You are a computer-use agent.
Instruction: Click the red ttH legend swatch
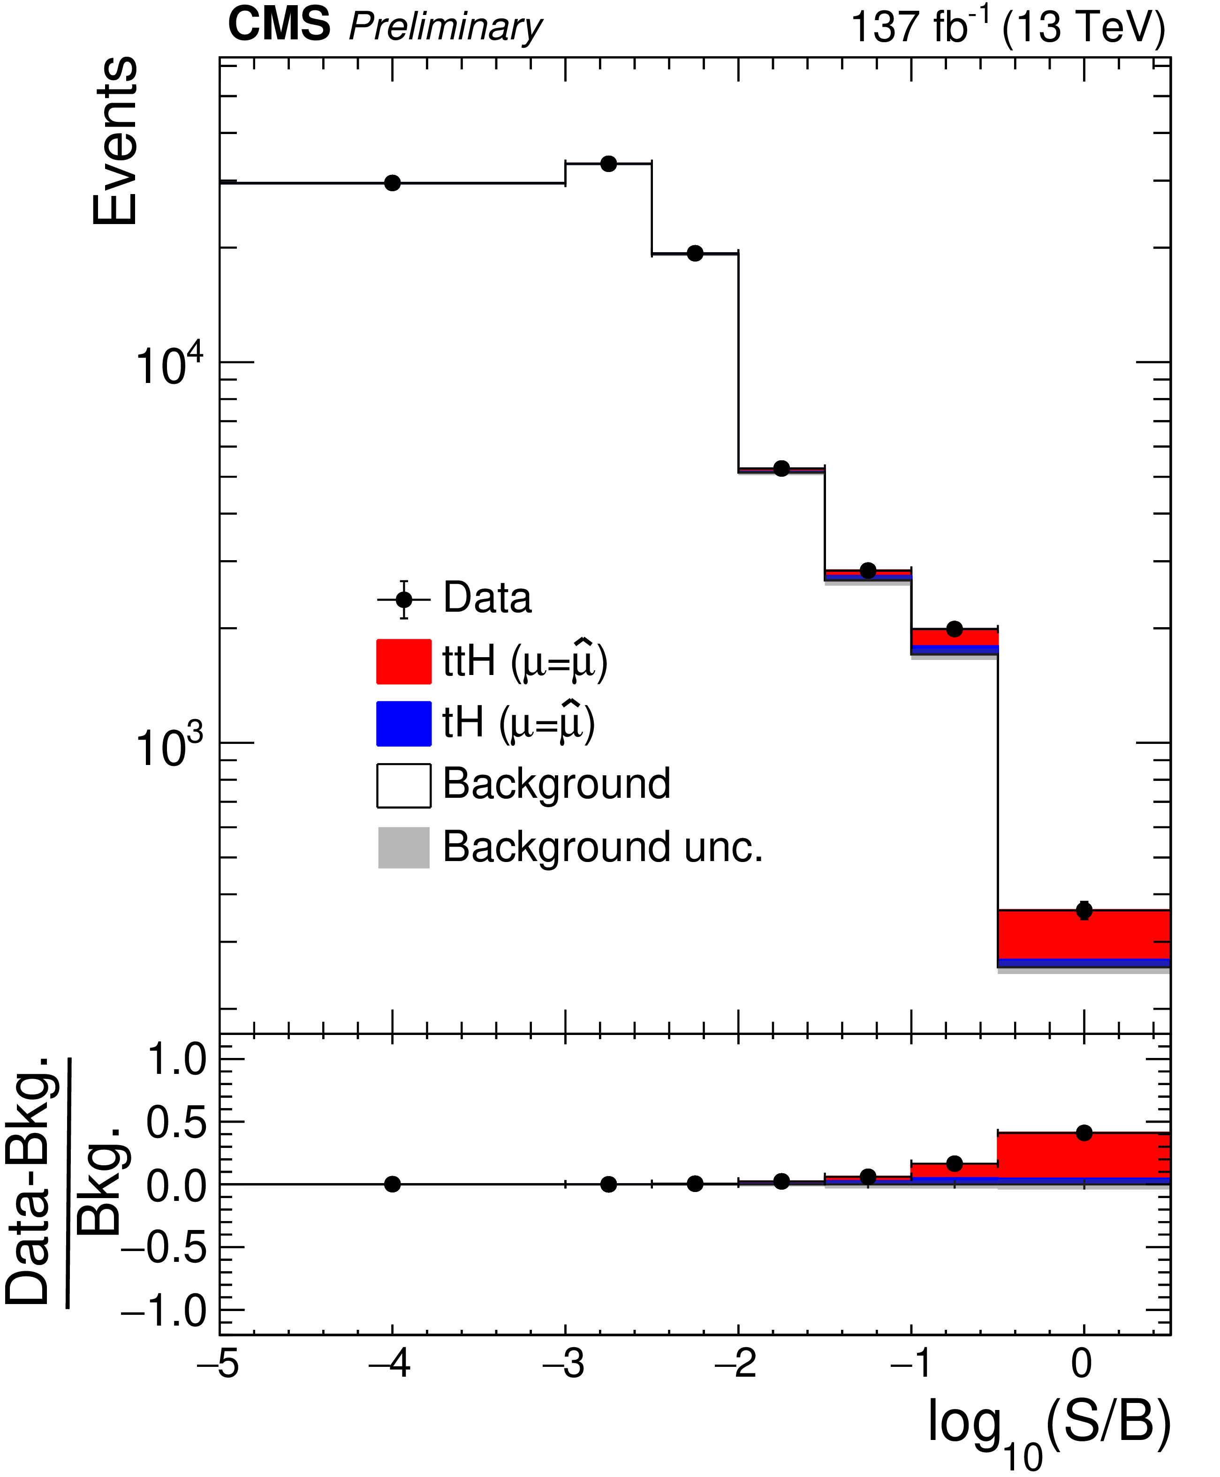coord(403,661)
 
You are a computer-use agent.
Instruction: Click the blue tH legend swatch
coord(403,723)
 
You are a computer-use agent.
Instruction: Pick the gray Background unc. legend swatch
coord(403,847)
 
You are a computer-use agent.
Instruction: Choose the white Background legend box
coord(403,785)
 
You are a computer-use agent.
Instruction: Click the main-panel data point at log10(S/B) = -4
coord(392,183)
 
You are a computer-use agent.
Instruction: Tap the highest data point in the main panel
coord(609,164)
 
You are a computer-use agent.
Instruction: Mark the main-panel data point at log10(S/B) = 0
coord(1084,911)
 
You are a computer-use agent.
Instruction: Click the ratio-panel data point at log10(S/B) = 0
coord(1084,1133)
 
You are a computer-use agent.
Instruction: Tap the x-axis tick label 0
coord(1082,1365)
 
